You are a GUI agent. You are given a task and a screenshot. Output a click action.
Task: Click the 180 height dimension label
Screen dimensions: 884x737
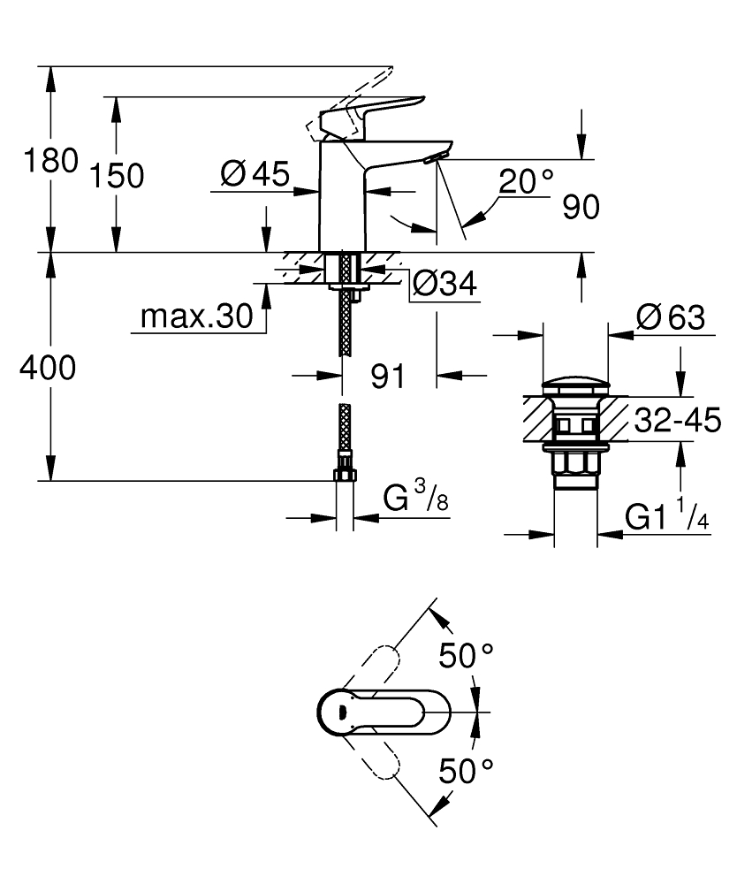(x=39, y=162)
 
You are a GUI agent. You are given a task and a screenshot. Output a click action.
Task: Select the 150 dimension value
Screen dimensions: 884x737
(x=116, y=176)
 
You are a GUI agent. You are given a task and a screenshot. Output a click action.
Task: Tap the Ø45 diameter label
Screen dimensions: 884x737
(x=255, y=175)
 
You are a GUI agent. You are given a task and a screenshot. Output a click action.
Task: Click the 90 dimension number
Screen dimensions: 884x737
(x=580, y=207)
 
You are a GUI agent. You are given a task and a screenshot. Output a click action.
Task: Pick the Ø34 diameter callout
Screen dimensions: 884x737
(x=444, y=285)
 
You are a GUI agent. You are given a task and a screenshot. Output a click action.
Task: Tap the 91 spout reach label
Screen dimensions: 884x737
(x=387, y=377)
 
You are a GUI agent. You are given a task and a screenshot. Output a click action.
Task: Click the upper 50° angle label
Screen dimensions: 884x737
(x=466, y=656)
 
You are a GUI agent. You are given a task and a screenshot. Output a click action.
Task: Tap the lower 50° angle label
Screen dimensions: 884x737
(x=466, y=770)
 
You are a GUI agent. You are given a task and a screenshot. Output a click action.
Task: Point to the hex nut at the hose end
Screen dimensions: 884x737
(x=344, y=476)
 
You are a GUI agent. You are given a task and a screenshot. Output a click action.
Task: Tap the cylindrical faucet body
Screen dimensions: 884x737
(x=341, y=199)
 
